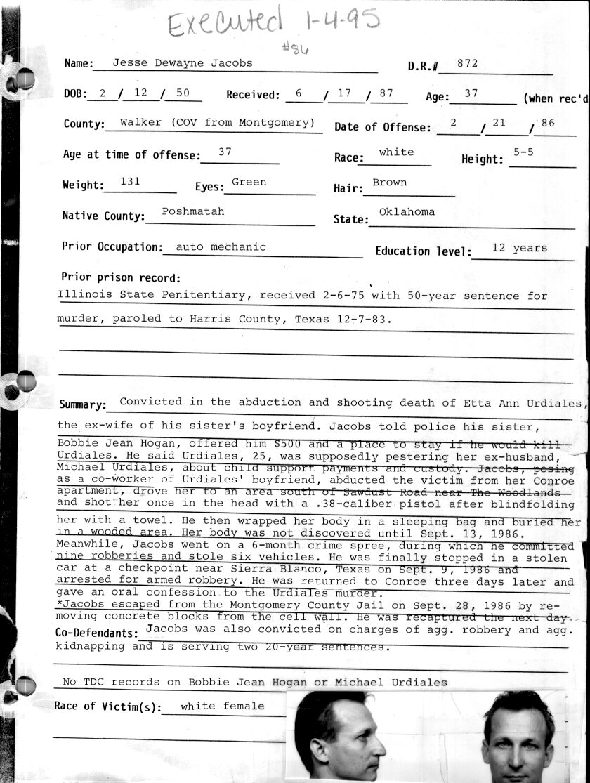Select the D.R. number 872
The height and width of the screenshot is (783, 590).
(467, 63)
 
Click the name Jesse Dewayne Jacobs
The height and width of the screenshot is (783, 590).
(173, 62)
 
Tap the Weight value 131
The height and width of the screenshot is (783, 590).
(130, 181)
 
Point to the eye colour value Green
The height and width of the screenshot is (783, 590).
(249, 182)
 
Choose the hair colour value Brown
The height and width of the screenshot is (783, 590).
(390, 183)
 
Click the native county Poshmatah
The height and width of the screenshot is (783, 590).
(193, 211)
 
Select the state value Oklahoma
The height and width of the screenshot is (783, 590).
(407, 212)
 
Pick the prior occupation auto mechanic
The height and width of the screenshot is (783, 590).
(221, 247)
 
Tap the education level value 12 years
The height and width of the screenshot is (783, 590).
(520, 248)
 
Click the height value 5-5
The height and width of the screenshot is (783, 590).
(523, 152)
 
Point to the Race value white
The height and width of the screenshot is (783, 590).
(396, 152)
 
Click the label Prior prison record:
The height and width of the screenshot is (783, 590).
(121, 278)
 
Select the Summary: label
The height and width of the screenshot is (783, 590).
(83, 406)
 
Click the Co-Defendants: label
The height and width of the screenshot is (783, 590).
(98, 633)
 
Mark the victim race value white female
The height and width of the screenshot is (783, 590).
(223, 706)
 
